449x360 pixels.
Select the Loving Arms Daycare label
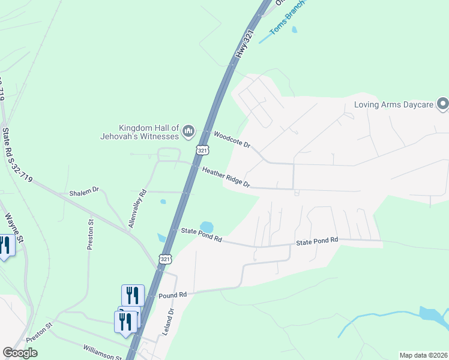[394, 104]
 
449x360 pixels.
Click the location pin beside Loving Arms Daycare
[443, 104]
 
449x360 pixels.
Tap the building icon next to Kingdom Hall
[188, 130]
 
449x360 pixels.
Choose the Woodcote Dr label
[231, 140]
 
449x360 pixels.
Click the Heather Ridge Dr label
[226, 177]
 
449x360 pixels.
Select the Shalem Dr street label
[84, 191]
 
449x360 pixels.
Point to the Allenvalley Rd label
[137, 209]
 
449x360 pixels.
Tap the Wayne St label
[14, 228]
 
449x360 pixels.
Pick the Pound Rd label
[173, 295]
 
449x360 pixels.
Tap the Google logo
[20, 353]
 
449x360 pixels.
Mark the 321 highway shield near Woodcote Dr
[203, 150]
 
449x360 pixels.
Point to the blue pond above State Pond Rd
[206, 227]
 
